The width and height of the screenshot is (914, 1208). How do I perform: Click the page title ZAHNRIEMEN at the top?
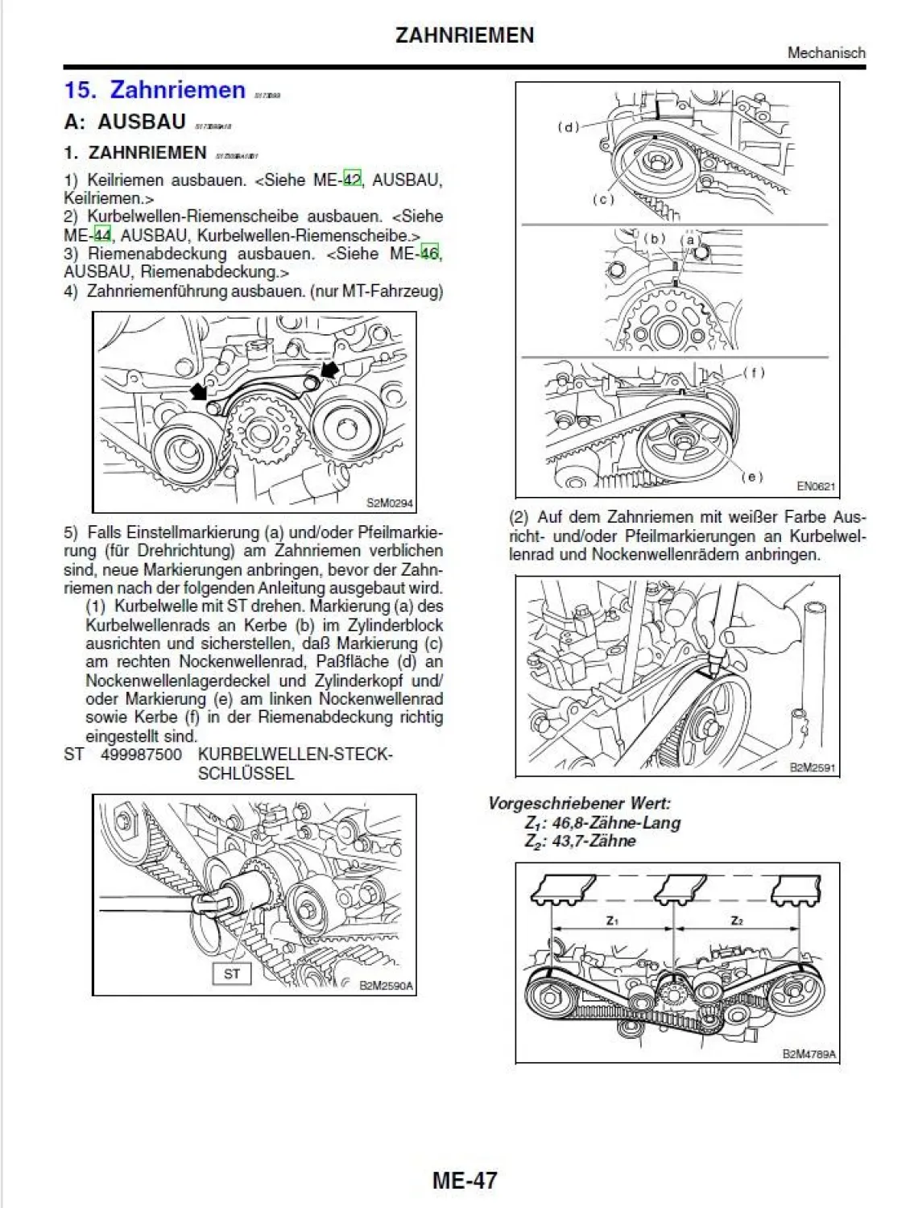click(465, 35)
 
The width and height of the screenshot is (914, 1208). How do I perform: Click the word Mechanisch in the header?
click(826, 53)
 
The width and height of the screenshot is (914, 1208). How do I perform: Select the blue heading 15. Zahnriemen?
click(155, 89)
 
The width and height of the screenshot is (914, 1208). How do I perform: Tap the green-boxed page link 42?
click(352, 179)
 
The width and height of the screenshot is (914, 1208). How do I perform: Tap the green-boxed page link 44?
click(102, 235)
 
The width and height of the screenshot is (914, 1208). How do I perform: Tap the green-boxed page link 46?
click(430, 253)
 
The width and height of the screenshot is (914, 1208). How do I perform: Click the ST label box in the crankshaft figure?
click(232, 974)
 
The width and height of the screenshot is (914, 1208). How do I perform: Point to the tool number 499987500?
click(141, 755)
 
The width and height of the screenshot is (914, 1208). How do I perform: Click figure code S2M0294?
click(390, 503)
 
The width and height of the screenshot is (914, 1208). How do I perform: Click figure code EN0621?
click(816, 486)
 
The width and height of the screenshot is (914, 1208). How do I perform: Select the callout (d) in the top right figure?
click(569, 126)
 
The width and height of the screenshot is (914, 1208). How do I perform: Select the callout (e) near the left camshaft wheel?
click(751, 477)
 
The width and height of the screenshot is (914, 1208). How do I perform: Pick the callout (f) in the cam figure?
click(754, 372)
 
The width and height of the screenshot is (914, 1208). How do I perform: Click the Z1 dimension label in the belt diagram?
click(612, 920)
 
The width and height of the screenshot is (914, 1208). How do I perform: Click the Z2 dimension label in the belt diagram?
click(737, 920)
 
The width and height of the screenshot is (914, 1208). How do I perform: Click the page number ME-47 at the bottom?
click(465, 1181)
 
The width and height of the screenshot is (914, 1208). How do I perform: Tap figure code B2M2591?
click(813, 767)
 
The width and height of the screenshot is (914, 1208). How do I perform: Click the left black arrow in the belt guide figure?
click(198, 391)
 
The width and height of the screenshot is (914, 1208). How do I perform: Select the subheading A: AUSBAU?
click(125, 122)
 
